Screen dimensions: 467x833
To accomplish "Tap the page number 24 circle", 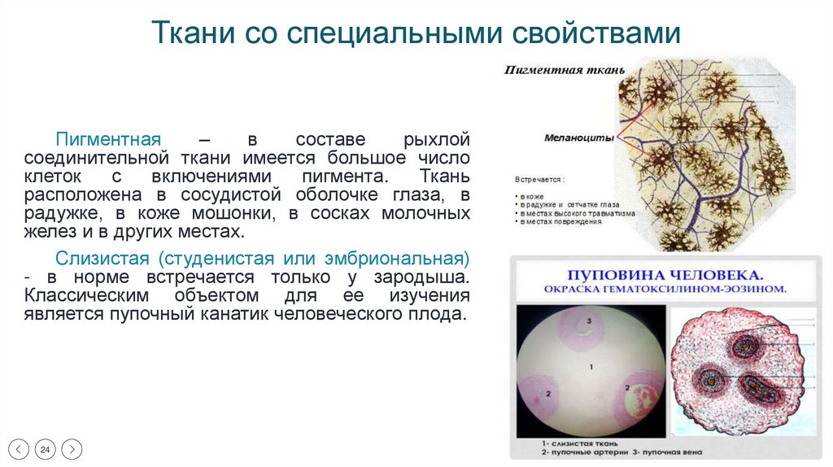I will coord(46,449).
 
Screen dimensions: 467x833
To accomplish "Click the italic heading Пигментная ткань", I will coord(565,71).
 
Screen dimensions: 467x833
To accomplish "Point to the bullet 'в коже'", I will coord(534,197).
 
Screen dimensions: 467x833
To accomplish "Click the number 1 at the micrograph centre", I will coord(591,368).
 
